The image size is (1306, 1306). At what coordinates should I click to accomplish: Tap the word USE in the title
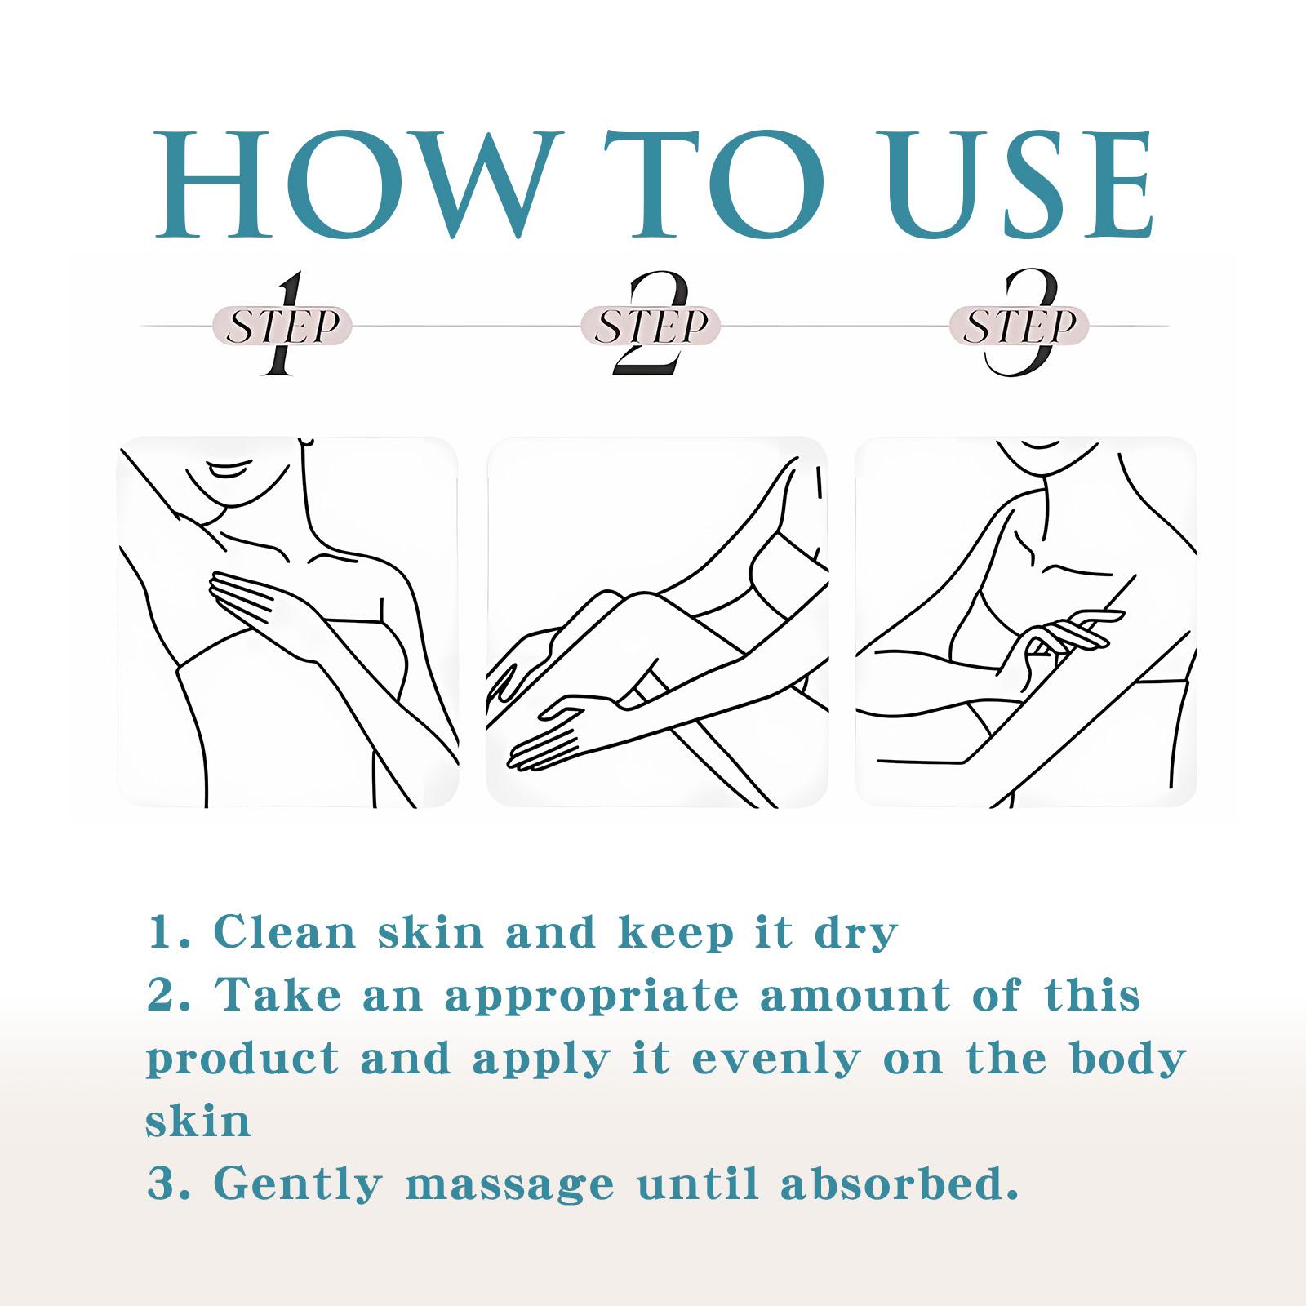click(x=1020, y=184)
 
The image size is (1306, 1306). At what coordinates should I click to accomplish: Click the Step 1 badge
click(x=282, y=325)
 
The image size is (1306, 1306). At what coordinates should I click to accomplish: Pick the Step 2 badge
click(x=651, y=325)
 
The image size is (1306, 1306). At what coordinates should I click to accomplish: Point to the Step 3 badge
click(x=1019, y=325)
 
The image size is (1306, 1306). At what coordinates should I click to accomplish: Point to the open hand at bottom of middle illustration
click(x=563, y=731)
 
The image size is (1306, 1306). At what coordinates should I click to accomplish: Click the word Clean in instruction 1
click(x=285, y=932)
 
